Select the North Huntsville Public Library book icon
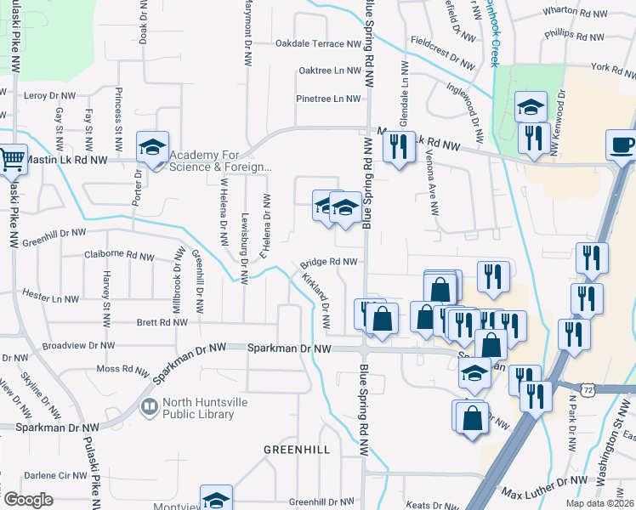150,408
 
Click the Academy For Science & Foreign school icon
153,148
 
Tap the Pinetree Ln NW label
328,99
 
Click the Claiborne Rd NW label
119,255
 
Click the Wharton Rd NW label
576,14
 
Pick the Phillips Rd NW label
574,37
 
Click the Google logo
28,500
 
